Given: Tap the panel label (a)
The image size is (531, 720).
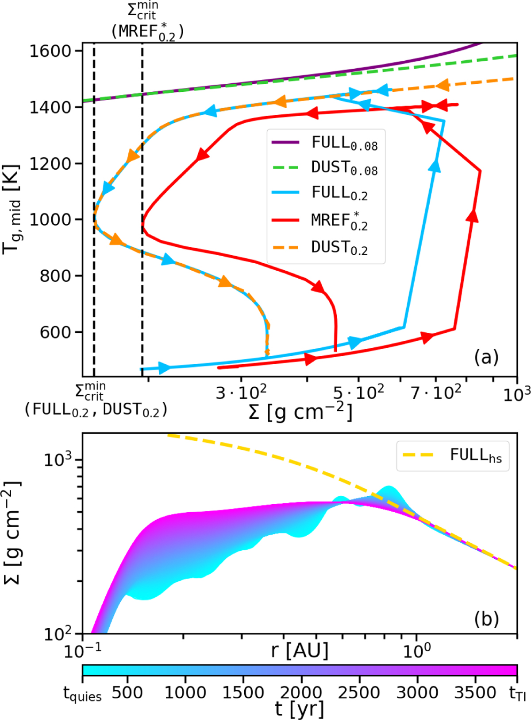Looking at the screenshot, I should tap(486, 357).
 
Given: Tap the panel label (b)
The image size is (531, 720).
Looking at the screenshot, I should tap(486, 619).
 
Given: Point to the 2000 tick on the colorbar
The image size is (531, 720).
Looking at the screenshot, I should tap(301, 693).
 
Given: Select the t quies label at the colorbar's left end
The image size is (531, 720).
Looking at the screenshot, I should tap(83, 694).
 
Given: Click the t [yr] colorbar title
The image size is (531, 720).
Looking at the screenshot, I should tap(300, 708).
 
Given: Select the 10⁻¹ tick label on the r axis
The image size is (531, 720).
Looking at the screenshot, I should tap(83, 650).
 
